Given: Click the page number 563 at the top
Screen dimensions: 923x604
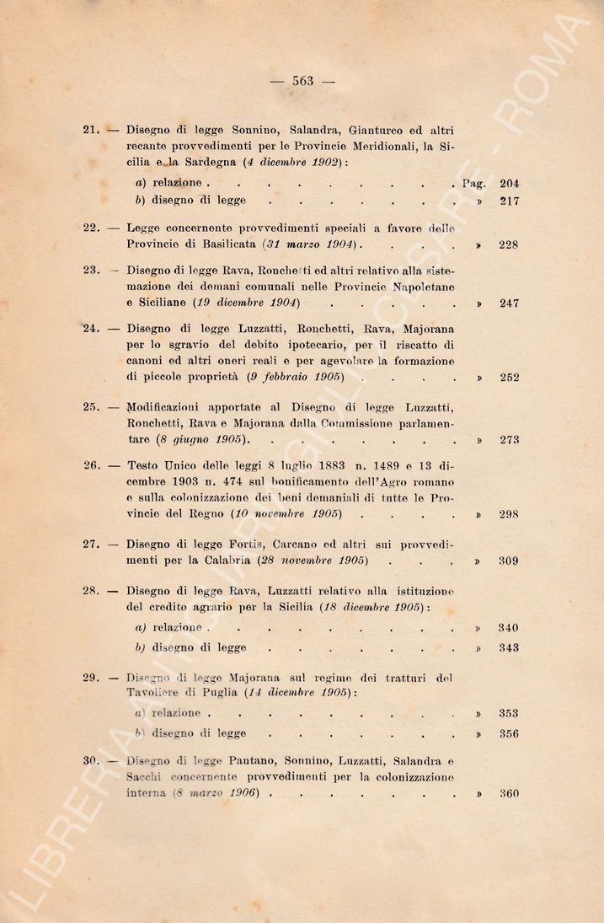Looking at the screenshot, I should (x=302, y=81).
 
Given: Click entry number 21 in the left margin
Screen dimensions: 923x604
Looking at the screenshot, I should (x=91, y=130).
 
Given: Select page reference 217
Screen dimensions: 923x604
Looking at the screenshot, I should (x=509, y=201).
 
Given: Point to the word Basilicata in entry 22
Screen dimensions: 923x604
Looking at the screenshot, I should (x=222, y=244).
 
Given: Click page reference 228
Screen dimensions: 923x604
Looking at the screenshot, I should (x=509, y=244).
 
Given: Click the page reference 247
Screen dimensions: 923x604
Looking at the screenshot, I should (x=509, y=303).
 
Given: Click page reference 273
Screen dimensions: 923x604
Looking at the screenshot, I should (x=509, y=440).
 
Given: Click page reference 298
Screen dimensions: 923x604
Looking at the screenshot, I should (x=509, y=514).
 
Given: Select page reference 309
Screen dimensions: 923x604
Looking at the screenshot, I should (x=509, y=561).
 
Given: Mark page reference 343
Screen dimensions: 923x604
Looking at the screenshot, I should (x=509, y=648).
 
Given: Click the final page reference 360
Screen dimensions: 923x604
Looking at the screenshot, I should (x=509, y=793).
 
